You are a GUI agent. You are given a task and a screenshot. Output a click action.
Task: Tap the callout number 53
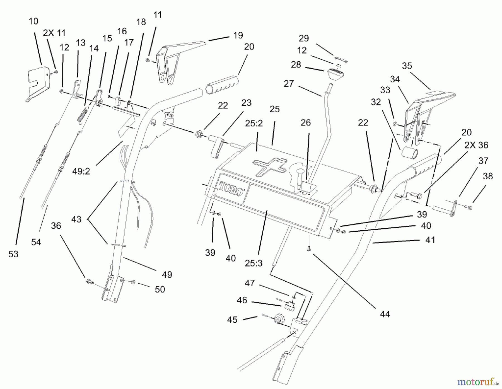coord(13,254)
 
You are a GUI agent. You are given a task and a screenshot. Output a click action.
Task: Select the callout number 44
coord(385,314)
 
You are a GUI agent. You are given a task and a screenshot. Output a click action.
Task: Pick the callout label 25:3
coord(254,263)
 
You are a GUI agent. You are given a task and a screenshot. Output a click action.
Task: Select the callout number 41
coord(430,240)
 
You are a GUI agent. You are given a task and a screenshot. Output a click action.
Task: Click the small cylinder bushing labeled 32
coord(410,153)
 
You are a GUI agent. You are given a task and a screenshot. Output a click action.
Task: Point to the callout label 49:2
coord(81,171)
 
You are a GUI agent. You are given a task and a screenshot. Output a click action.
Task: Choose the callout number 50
coord(160,289)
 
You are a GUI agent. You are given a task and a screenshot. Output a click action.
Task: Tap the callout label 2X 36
coord(476,145)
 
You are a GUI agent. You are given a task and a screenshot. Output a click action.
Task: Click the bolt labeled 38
coord(468,207)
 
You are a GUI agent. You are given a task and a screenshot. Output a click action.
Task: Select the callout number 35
coord(407,66)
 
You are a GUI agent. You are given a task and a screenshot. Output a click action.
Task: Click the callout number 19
coord(238,35)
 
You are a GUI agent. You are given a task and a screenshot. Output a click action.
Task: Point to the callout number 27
coord(289,83)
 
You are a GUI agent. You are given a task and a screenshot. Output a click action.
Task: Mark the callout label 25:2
coord(254,123)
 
